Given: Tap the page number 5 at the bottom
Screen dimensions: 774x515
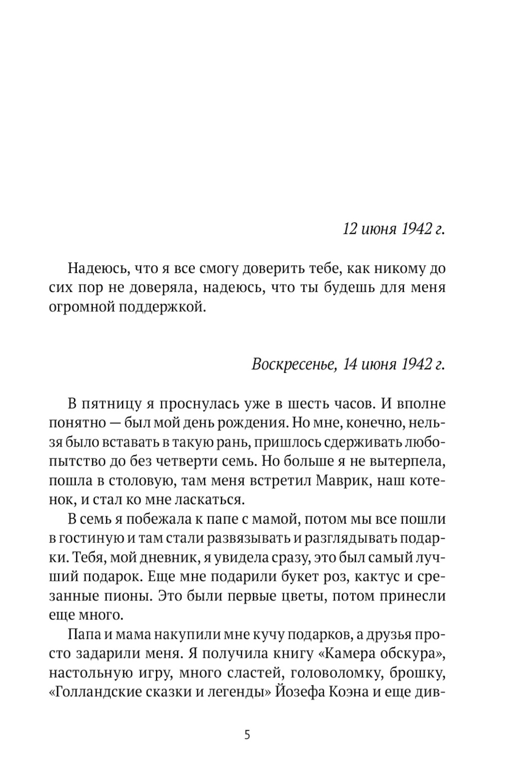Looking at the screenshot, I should pos(247,735).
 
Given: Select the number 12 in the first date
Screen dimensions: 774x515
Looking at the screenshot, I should pos(350,229).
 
